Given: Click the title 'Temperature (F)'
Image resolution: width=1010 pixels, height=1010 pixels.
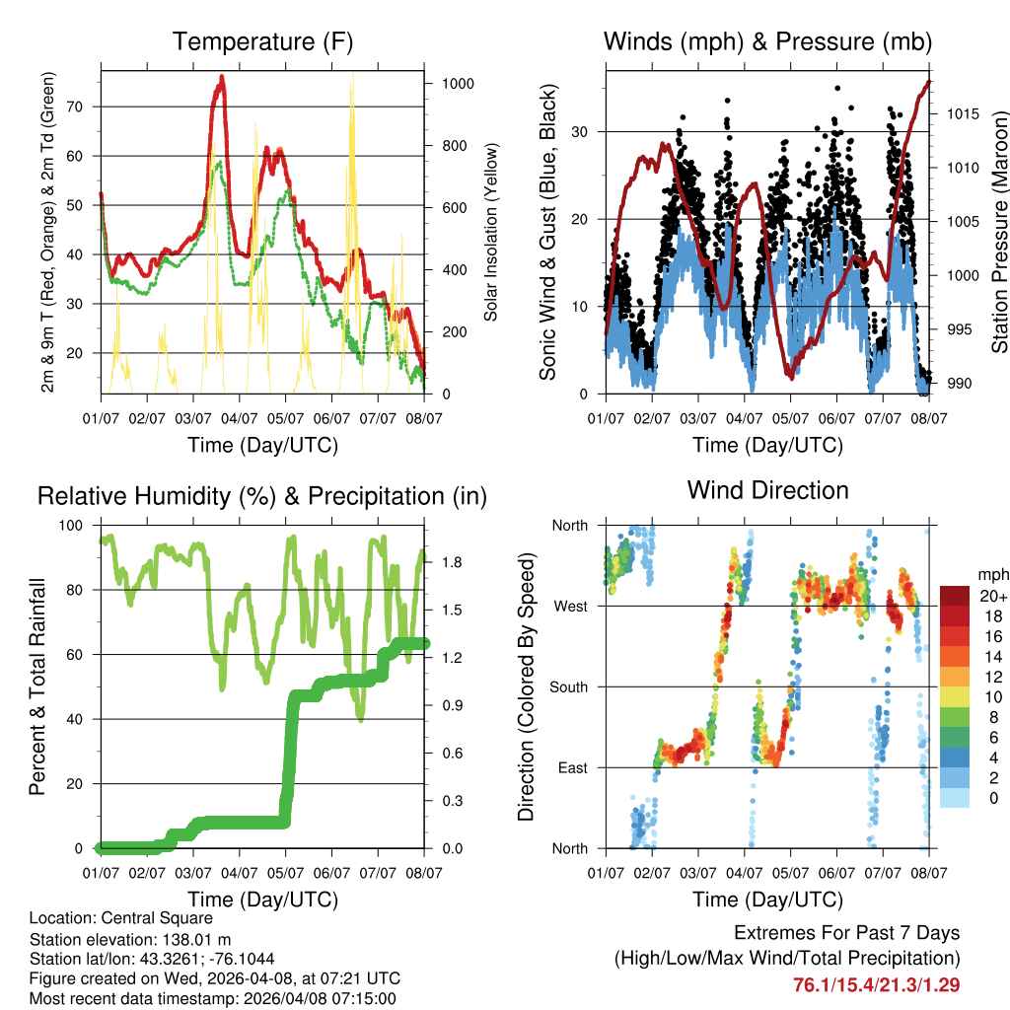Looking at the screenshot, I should click(262, 42).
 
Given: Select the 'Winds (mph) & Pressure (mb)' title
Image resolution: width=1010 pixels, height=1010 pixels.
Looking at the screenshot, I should click(767, 42).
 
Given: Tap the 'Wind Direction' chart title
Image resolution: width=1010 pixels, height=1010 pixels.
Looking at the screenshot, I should click(767, 490).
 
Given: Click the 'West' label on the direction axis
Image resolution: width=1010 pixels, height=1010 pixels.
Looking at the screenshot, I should click(570, 606).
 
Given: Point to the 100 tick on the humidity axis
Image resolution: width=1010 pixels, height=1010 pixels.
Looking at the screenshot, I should click(75, 526).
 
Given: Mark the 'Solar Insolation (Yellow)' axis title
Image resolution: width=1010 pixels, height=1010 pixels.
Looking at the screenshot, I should click(490, 233).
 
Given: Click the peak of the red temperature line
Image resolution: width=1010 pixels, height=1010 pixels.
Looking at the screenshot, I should click(222, 76).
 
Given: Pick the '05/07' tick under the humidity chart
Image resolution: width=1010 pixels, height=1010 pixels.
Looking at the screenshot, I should click(286, 873).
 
